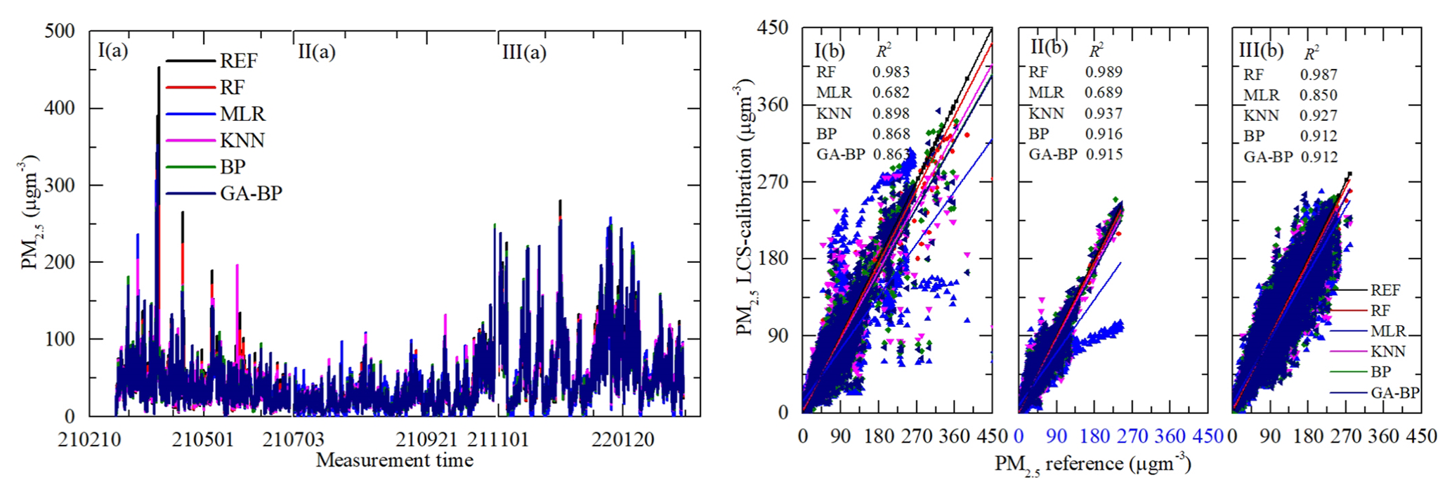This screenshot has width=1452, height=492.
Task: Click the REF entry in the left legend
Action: tap(238, 61)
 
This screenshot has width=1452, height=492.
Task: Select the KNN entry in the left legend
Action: tap(242, 141)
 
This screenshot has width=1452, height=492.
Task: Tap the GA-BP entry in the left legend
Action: tap(251, 193)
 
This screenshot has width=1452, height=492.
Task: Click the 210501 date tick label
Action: tap(202, 440)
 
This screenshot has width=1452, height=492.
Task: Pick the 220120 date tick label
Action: tap(622, 440)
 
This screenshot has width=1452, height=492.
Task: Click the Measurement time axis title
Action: tap(394, 460)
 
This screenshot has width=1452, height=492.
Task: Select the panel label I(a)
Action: tap(112, 51)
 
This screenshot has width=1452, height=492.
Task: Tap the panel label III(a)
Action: tap(524, 52)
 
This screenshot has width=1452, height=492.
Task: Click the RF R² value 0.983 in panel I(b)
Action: tap(891, 72)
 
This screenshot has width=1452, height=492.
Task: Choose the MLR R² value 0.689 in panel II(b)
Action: tap(1104, 92)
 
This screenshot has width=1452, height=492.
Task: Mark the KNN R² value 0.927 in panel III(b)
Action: tap(1319, 115)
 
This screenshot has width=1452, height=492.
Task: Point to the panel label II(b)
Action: tap(1049, 47)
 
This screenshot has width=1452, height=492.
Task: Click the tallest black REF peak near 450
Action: tap(159, 68)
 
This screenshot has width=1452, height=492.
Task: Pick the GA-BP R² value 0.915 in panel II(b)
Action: tap(1104, 154)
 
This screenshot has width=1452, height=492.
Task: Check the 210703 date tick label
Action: tap(294, 440)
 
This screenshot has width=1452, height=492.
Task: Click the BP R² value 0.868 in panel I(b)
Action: tap(891, 134)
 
